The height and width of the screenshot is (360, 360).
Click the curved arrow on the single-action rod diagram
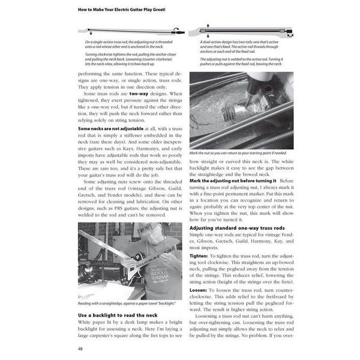pos(176,28)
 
